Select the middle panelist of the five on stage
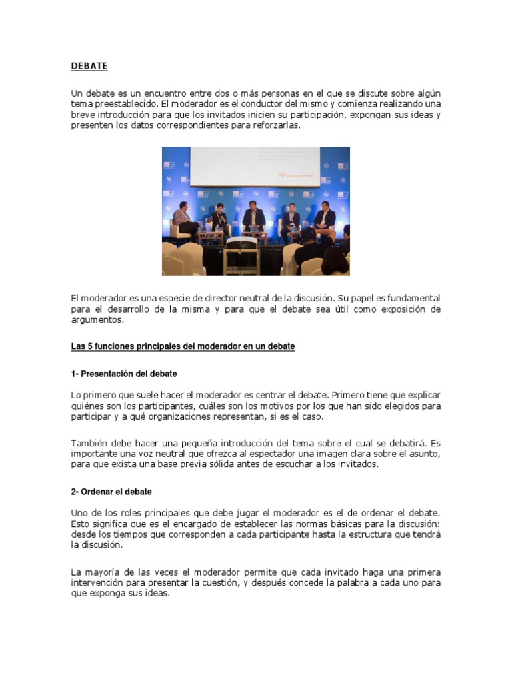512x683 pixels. [253, 217]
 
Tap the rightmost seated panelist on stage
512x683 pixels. [325, 217]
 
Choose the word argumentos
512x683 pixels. [97, 319]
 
